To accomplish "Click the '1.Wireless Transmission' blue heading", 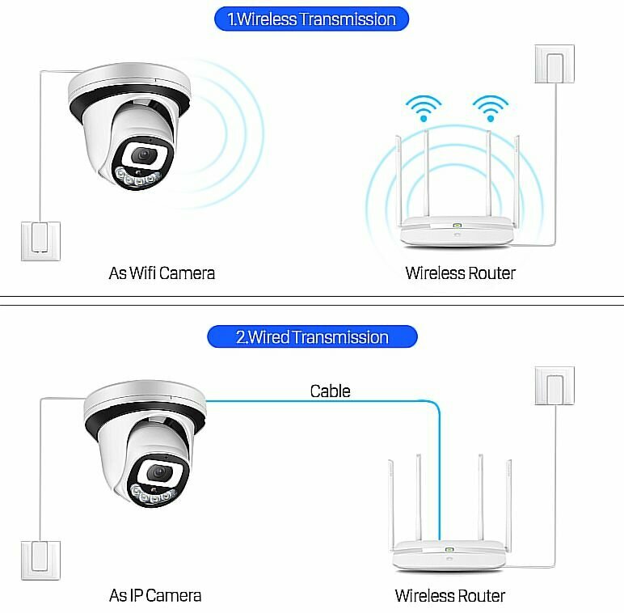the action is pyautogui.click(x=311, y=19).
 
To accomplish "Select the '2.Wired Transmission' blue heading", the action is pyautogui.click(x=312, y=336).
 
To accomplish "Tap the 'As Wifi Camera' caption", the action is pyautogui.click(x=162, y=273).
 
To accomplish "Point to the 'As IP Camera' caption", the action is pyautogui.click(x=155, y=596).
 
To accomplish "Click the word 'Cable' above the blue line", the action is pyautogui.click(x=330, y=391).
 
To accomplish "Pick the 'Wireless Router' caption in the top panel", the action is pyautogui.click(x=460, y=273).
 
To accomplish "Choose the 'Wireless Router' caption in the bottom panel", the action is pyautogui.click(x=449, y=596).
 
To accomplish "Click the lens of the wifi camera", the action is pyautogui.click(x=145, y=154).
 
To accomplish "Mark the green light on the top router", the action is pyautogui.click(x=457, y=226).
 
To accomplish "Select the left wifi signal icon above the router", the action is pyautogui.click(x=424, y=108).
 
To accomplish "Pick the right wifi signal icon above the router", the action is pyautogui.click(x=490, y=108).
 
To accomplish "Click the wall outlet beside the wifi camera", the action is pyautogui.click(x=40, y=240).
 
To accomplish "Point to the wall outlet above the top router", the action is pyautogui.click(x=555, y=63).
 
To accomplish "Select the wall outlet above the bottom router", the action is pyautogui.click(x=554, y=386).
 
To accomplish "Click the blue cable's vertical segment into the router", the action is pyautogui.click(x=439, y=477).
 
